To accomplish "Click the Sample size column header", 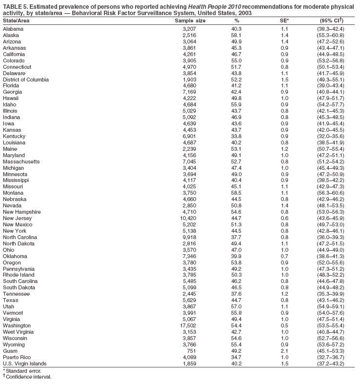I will (x=190, y=20).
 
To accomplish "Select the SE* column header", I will (x=285, y=20).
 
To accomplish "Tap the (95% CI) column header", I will (x=330, y=20).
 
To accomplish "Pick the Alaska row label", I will (x=11, y=35).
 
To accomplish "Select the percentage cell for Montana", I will (x=236, y=194).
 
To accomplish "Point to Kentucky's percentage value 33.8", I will (x=236, y=137).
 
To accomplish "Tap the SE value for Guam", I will (x=284, y=351).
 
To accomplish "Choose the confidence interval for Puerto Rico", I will (x=330, y=357).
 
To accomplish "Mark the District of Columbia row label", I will (x=26, y=80).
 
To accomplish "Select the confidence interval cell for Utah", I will (x=330, y=306).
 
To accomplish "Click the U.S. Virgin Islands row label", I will (x=25, y=364).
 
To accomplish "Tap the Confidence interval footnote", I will (x=28, y=377).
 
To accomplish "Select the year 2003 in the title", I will (x=245, y=13).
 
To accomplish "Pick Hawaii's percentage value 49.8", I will (x=236, y=99).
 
